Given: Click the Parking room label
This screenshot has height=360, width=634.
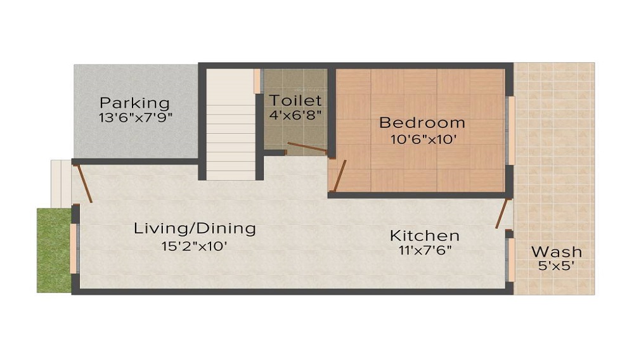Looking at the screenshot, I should click(134, 103).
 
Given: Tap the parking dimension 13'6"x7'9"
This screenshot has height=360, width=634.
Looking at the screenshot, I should click(136, 117).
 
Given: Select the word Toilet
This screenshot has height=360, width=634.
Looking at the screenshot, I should click(295, 100).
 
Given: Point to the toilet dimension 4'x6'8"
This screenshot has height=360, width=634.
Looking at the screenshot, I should click(295, 115).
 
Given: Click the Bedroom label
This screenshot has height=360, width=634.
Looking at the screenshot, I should click(422, 122).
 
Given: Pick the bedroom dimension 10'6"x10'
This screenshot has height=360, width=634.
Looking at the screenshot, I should click(418, 139).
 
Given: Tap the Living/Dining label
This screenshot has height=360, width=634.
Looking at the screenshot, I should click(195, 228).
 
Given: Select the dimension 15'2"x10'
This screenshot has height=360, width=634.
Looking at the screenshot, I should click(194, 245).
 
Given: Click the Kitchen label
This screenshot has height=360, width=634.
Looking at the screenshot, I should click(424, 236).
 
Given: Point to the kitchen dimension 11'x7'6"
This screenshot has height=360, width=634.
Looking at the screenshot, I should click(425, 250).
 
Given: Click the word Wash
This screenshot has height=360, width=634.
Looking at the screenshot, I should click(556, 252).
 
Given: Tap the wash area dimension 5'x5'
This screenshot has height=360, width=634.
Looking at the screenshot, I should click(556, 267).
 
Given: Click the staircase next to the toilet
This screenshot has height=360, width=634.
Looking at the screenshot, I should click(231, 124).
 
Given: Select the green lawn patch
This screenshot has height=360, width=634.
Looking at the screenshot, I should click(53, 250).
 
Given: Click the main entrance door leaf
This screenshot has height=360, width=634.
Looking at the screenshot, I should click(83, 183).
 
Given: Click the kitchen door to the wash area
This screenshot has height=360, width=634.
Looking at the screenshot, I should click(503, 213).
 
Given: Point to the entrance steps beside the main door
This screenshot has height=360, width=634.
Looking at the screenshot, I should click(61, 183).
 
